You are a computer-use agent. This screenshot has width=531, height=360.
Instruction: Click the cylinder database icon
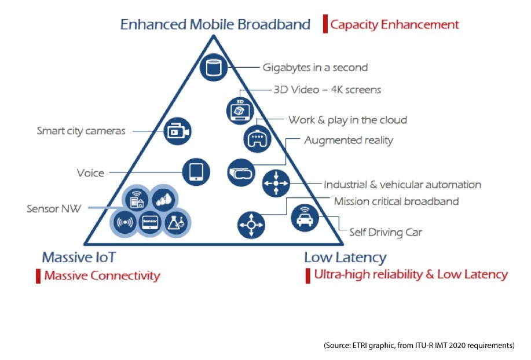(213, 67)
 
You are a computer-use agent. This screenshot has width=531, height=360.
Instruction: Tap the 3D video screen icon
(240, 111)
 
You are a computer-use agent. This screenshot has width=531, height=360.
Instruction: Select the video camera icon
(177, 131)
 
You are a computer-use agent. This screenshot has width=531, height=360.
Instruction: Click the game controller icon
(257, 139)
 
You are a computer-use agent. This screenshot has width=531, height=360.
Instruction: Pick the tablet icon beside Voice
(196, 172)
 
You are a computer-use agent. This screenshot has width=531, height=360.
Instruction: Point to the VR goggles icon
(241, 172)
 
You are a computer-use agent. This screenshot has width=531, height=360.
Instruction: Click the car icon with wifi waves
(305, 218)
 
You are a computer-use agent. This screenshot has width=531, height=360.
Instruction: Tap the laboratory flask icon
(177, 223)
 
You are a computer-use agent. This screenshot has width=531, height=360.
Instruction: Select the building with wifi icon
(137, 199)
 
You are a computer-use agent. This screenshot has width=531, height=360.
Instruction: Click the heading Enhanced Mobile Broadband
(215, 24)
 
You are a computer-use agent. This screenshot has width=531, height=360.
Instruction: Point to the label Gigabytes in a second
(315, 67)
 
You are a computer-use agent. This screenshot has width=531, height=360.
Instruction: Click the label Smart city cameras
(81, 131)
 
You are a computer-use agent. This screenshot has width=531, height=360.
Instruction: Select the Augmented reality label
(349, 140)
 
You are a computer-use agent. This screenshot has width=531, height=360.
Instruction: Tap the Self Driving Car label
(386, 232)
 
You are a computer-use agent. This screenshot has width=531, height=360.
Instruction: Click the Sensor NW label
(54, 208)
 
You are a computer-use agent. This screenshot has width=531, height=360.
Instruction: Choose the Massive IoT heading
(79, 257)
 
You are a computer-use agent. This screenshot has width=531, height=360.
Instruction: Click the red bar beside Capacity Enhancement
(325, 24)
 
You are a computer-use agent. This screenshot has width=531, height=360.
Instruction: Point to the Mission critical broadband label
(396, 201)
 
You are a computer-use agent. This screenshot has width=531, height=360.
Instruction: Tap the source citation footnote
(419, 346)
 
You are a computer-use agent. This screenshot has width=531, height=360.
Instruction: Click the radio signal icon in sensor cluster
(125, 222)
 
